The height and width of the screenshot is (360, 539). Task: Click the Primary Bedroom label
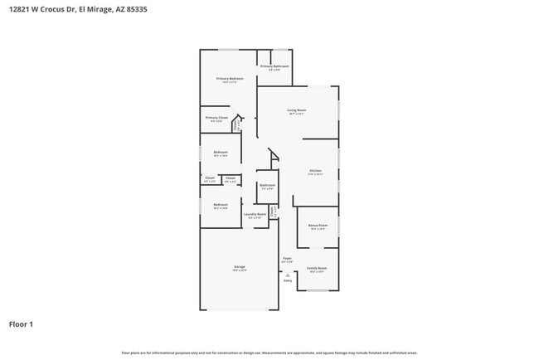point(230,79)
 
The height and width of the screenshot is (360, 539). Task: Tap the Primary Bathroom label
point(274,66)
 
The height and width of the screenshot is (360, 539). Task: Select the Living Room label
point(297,110)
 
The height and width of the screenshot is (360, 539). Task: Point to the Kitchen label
point(315,172)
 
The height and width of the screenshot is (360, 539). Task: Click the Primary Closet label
point(216,119)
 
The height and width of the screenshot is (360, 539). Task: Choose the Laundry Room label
point(255,214)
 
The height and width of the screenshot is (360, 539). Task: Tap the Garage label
point(239,267)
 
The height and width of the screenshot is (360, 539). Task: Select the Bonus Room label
point(318,226)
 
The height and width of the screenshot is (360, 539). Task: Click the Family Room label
point(317,269)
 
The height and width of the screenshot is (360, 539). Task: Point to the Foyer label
point(287,259)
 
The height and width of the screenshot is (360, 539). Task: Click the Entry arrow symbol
point(287,275)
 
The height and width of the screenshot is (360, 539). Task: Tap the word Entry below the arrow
point(288,281)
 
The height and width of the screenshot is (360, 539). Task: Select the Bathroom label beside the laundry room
point(267,185)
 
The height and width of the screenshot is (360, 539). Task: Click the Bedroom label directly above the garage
point(220,205)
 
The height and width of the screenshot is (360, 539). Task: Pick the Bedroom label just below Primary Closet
point(220,153)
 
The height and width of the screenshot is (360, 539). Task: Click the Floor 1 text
point(21,324)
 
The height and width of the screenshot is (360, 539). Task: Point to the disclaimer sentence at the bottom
point(269,353)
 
